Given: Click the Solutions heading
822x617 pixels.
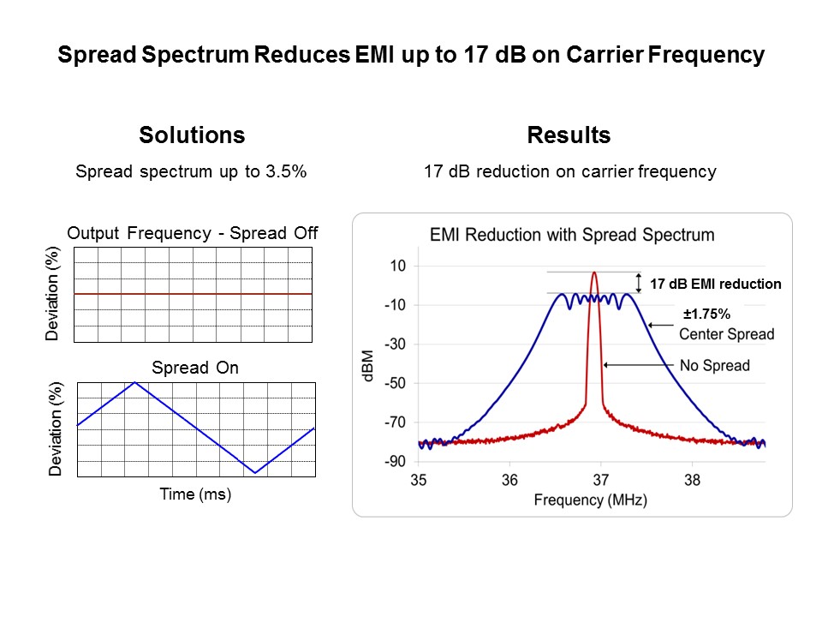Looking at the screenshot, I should point(192,135).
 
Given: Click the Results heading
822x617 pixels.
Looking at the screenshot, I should point(569,135).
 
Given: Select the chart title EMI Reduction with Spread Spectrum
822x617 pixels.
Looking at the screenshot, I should point(572,235).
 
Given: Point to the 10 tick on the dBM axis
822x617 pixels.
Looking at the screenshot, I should point(398,267).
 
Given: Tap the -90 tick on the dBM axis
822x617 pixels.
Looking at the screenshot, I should point(395,462).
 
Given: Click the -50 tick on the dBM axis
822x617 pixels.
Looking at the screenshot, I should point(395,384).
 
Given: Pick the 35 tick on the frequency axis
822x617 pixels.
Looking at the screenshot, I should point(420,480).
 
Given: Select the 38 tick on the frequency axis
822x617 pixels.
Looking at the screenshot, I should point(692,480).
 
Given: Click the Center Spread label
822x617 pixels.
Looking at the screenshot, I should point(726,334).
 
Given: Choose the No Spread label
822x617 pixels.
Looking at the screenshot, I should point(714,366).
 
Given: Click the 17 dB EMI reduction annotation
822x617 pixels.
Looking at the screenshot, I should point(715,284).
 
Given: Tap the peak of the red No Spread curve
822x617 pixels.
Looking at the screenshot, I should point(594,273).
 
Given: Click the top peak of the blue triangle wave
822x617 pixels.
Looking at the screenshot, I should point(134,382).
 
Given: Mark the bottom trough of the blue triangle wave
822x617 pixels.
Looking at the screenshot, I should point(254,472).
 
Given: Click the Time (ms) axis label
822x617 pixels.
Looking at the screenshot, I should point(195,494).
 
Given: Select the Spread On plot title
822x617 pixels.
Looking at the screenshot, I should point(195,368).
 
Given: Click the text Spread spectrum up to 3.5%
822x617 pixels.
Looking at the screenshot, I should point(191,171).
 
